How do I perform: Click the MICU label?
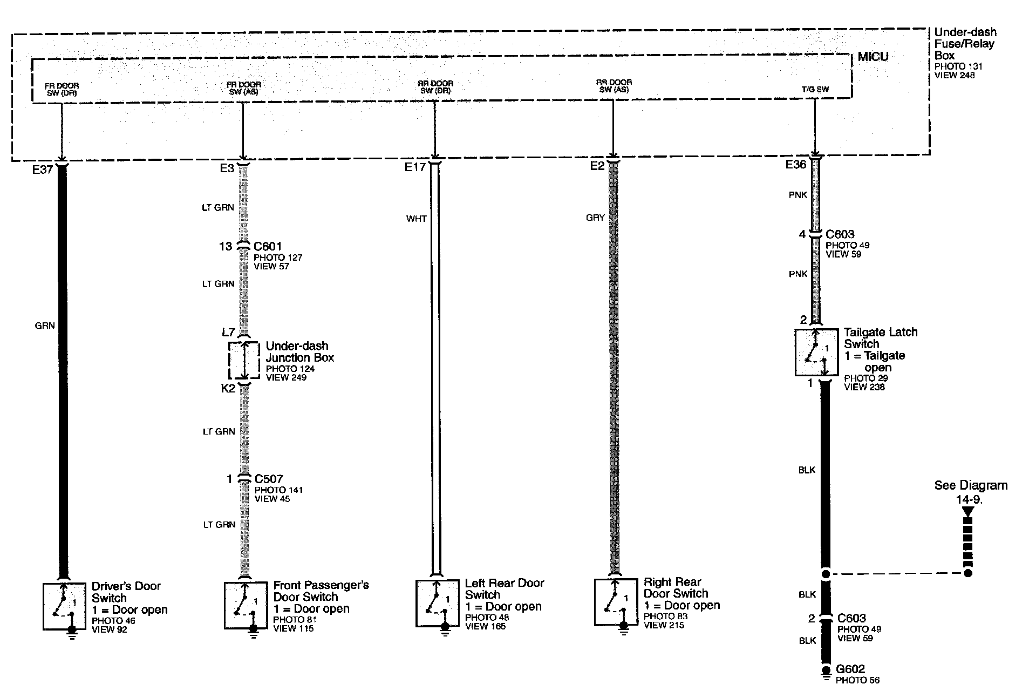(873, 57)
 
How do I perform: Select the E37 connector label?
(43, 170)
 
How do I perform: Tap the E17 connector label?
(415, 167)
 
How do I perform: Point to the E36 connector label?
(796, 165)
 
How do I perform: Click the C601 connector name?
(268, 247)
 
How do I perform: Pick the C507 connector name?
(269, 479)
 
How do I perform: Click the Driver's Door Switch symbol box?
(64, 606)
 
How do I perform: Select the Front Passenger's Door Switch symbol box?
(246, 605)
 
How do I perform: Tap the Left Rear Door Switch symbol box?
(438, 603)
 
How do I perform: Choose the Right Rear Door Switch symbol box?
(616, 602)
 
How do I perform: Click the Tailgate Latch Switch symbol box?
(816, 353)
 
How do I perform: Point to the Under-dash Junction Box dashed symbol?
(244, 360)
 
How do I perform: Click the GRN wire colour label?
(45, 326)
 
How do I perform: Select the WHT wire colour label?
(417, 219)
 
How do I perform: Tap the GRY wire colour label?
(595, 218)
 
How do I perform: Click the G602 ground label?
(850, 669)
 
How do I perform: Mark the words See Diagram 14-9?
(971, 492)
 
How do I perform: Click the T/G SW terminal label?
(815, 89)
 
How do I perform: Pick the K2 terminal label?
(228, 388)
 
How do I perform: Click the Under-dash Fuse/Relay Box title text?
(965, 44)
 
